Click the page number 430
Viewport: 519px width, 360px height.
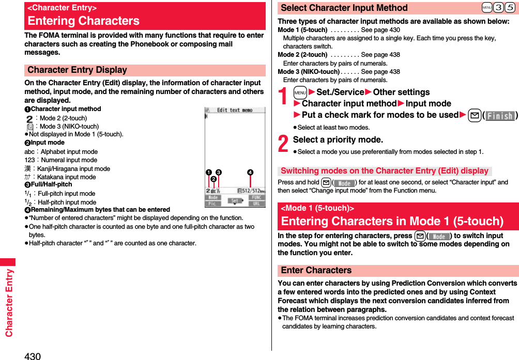(x=32, y=355)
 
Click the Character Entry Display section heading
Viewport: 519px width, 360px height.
(x=78, y=70)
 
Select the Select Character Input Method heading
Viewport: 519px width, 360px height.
(x=344, y=8)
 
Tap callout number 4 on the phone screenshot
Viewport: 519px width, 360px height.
(x=250, y=172)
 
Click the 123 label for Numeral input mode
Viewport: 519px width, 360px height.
(x=29, y=160)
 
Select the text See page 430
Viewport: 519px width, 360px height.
(x=380, y=30)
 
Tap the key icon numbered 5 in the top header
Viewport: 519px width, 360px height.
(x=509, y=8)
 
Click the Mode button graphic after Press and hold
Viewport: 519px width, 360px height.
(x=344, y=182)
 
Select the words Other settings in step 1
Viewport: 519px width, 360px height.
(x=401, y=92)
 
